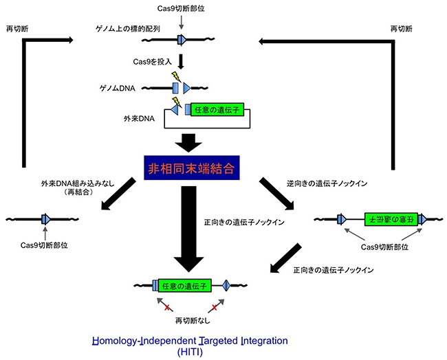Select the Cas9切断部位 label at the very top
click(x=180, y=7)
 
